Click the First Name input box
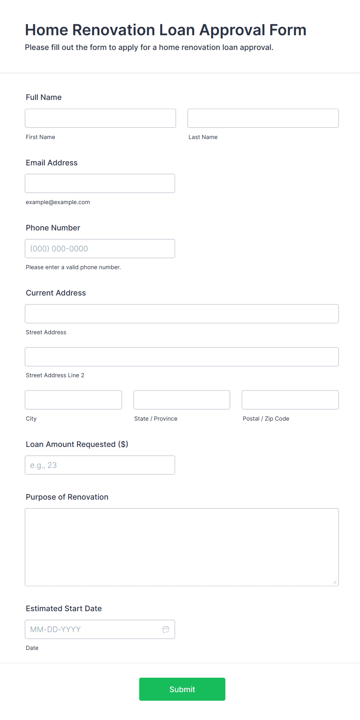point(100,118)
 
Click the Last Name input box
point(263,118)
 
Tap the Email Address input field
point(100,183)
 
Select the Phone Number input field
point(100,249)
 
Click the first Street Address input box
point(182,314)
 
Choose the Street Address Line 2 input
point(182,357)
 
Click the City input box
point(73,400)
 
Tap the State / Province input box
point(182,400)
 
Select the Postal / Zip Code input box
point(290,400)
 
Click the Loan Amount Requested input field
point(100,465)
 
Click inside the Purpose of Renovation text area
point(182,547)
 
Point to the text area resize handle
point(335,582)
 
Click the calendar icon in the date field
point(166,629)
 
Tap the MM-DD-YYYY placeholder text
point(55,629)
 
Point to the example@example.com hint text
point(58,202)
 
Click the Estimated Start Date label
point(64,608)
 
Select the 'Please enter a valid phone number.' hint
point(73,267)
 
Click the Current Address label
point(56,293)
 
